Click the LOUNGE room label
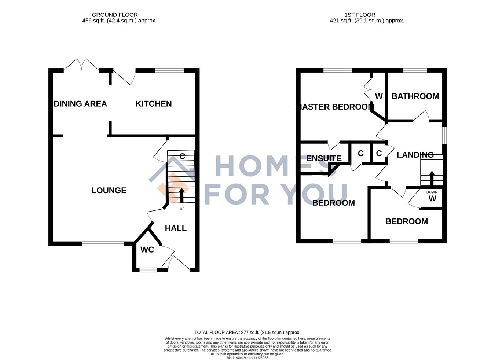pos(109,190)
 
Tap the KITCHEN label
pos(154,104)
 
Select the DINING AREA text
pos(80,104)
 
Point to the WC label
pos(147,250)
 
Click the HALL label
pos(176,228)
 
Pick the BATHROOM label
pos(415,96)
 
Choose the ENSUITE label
pos(324,158)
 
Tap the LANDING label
pos(415,155)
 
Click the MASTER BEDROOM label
pos(335,107)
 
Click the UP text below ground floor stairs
pos(182,209)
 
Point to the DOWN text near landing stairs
pos(432,192)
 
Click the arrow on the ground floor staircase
pos(182,195)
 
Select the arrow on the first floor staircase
pos(432,178)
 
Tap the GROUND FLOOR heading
pos(115,15)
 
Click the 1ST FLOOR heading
pos(360,15)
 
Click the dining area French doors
pos(81,65)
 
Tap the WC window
pos(148,270)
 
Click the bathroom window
pos(415,70)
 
